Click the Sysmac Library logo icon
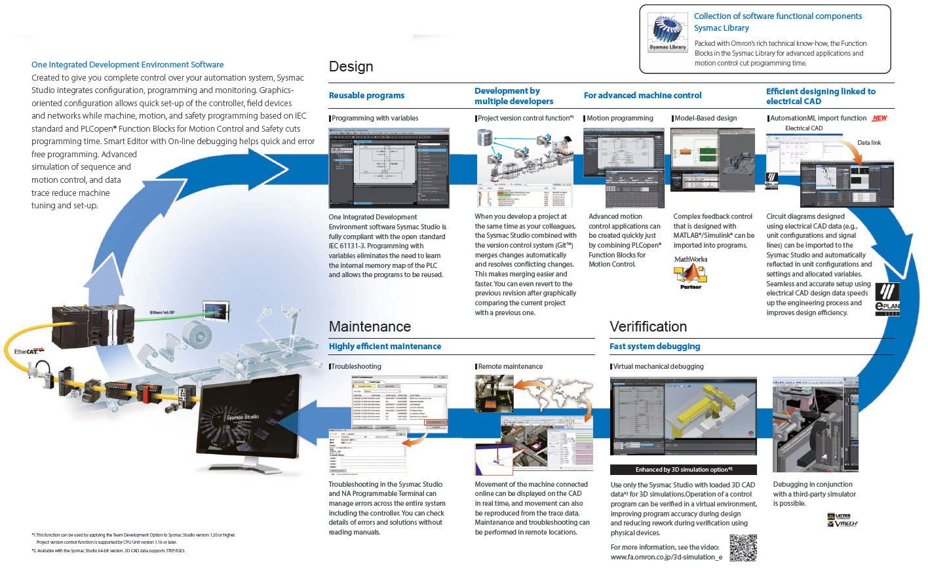pos(667,33)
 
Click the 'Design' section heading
pos(351,67)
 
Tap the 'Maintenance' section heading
pos(370,326)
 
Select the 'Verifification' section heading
pos(648,326)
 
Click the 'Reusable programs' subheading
pos(366,96)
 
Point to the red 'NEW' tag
pos(880,118)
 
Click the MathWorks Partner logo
pos(691,273)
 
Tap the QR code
pos(743,548)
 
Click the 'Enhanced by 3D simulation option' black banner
pos(683,470)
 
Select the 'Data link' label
pos(869,143)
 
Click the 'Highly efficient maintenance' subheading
pos(385,347)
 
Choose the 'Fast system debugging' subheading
pos(654,347)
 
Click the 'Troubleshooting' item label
pos(356,367)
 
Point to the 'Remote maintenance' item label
pos(510,367)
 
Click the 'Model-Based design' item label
pos(705,119)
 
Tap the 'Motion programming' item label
pos(619,119)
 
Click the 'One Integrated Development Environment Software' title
pos(127,65)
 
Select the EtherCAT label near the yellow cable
pos(29,352)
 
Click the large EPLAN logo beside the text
pos(887,299)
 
